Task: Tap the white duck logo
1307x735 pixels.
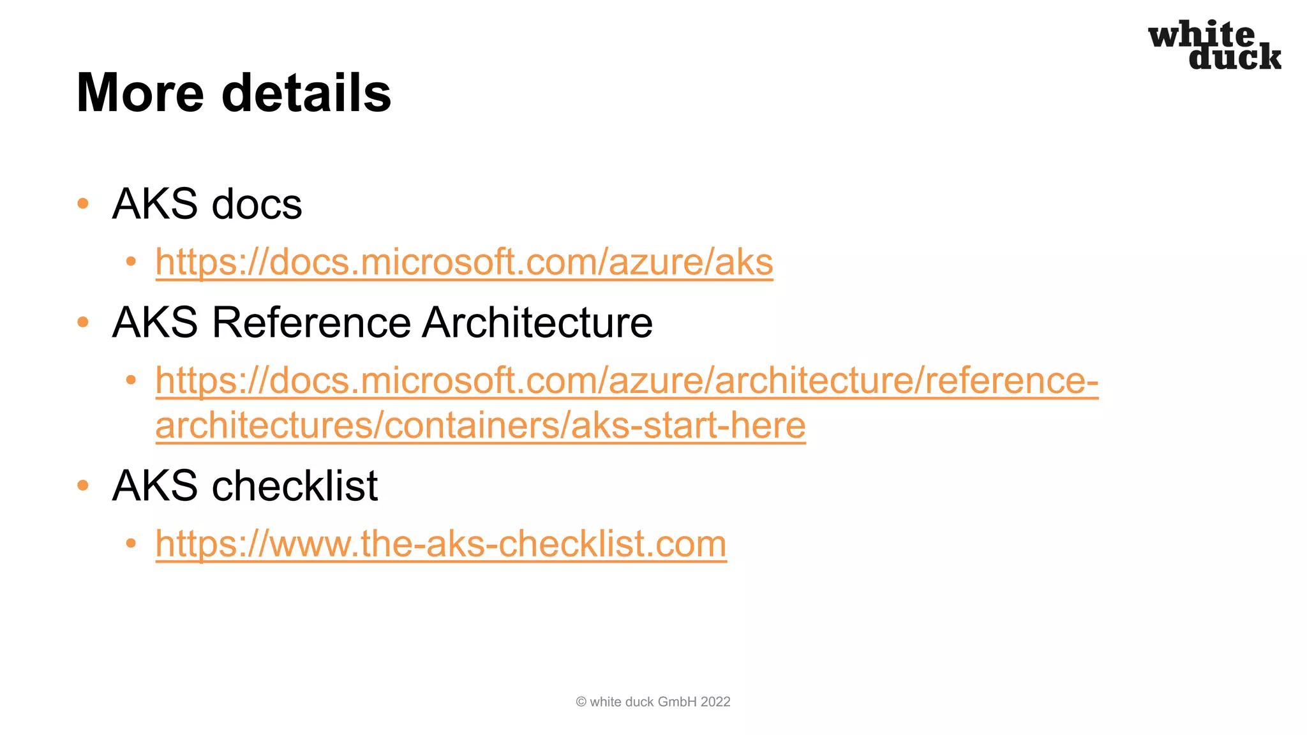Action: click(1214, 45)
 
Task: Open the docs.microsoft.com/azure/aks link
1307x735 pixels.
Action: click(464, 262)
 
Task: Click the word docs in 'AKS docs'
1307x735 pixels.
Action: click(257, 205)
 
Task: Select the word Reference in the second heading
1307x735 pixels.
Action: click(311, 322)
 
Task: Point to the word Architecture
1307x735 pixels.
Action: click(537, 322)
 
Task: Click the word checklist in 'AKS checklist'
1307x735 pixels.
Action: click(295, 486)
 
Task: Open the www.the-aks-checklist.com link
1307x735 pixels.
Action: click(441, 544)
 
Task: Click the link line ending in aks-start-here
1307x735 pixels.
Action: click(481, 426)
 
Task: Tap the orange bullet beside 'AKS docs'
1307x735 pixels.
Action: click(83, 204)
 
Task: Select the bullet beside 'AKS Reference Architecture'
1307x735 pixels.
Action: click(83, 322)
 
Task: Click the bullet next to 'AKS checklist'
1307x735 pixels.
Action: click(83, 486)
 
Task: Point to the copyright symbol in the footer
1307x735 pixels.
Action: click(581, 702)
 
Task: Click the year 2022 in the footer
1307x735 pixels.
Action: click(715, 702)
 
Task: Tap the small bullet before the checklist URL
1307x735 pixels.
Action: click(131, 544)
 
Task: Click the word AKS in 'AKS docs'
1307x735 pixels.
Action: click(155, 205)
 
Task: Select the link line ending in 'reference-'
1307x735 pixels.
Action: click(627, 381)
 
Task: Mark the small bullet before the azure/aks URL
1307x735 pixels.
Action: click(131, 262)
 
